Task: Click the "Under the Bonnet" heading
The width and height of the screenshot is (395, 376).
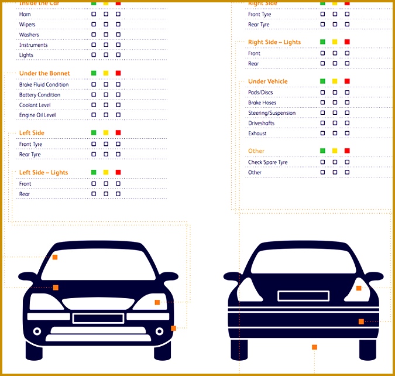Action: pos(44,73)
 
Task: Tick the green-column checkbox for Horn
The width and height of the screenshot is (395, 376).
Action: pos(94,13)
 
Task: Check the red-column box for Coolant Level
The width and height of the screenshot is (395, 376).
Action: pos(118,105)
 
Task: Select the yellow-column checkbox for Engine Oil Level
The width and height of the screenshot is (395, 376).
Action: pos(106,115)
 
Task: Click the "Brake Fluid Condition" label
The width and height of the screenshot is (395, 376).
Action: pos(43,85)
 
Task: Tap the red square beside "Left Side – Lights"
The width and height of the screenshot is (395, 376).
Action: pos(118,172)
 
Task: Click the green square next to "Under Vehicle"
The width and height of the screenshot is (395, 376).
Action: pos(322,81)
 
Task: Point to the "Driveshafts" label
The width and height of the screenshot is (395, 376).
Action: pos(261,123)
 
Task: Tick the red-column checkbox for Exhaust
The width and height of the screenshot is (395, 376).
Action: pos(347,133)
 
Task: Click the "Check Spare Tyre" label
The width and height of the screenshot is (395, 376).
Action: pos(267,162)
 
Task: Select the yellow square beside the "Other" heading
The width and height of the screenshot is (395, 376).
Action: pos(335,151)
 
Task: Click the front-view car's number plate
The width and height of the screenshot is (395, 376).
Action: pos(98,318)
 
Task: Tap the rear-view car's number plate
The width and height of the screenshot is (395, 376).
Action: pos(301,295)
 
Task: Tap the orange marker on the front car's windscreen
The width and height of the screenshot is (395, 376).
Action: pos(55,257)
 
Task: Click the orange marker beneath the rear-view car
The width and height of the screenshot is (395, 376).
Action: pos(314,347)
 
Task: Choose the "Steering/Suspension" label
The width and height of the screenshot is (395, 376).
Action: pos(272,113)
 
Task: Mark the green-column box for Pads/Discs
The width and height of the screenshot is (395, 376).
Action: pos(322,93)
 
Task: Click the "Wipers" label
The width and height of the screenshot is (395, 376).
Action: pos(27,25)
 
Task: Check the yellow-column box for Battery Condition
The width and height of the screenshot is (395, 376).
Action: pos(106,95)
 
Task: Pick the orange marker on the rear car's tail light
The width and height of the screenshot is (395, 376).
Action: pos(359,288)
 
